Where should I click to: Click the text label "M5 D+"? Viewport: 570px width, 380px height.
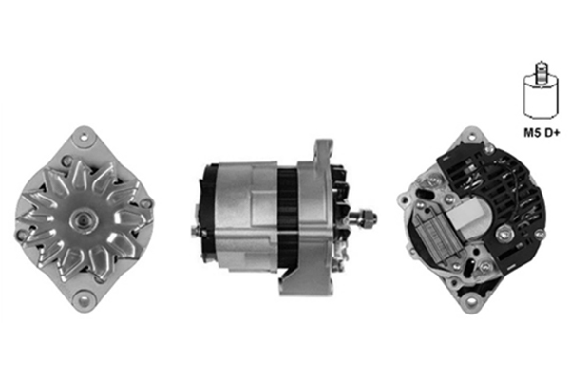click(541, 133)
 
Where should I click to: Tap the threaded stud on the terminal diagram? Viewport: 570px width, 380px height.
click(541, 73)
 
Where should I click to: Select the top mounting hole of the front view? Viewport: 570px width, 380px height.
click(85, 138)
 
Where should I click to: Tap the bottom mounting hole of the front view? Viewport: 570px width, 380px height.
click(85, 301)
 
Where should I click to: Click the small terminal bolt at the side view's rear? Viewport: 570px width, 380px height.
click(195, 231)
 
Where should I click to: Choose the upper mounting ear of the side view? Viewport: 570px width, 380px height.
click(323, 150)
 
